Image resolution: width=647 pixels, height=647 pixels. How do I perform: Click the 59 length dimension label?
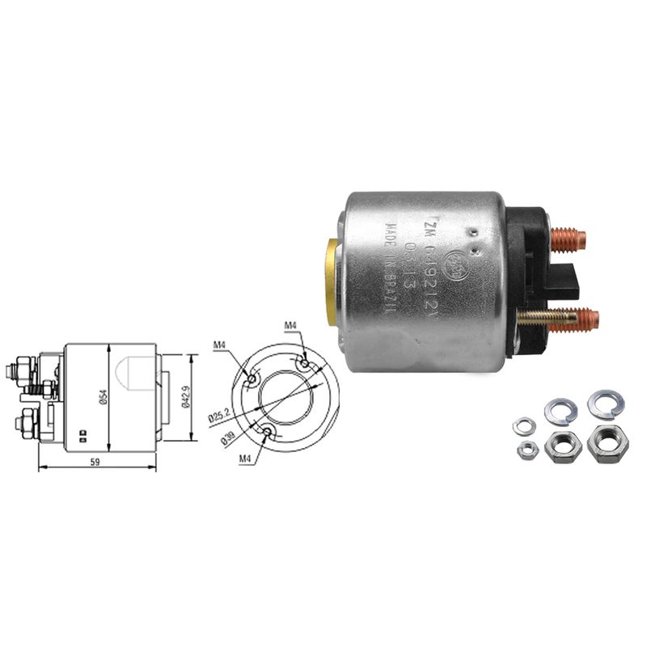[x=95, y=463]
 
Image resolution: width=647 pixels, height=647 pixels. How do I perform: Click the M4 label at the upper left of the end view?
[x=220, y=346]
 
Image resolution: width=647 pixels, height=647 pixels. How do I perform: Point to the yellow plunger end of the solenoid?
[x=332, y=281]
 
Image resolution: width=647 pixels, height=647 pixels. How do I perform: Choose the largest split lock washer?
[x=605, y=404]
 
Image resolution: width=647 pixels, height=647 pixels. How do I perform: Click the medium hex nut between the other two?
[x=562, y=446]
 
